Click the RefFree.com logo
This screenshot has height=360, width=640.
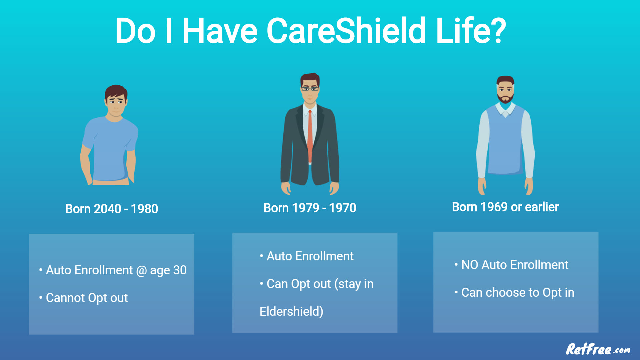tap(598, 349)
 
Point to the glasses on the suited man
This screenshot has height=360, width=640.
tap(310, 89)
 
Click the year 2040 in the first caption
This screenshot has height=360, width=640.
tap(107, 209)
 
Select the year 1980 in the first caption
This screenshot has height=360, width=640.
tap(144, 209)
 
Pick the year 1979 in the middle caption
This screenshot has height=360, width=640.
tap(305, 208)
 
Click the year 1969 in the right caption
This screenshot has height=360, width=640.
tap(494, 207)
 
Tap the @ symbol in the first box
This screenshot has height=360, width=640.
tap(141, 271)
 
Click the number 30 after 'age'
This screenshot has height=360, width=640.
tap(180, 270)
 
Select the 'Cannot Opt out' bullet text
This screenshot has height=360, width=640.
tap(87, 298)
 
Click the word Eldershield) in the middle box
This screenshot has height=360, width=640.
tap(291, 312)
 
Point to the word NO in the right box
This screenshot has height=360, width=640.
tap(470, 265)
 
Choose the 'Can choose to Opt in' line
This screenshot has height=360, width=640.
tap(518, 293)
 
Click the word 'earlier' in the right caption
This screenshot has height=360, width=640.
tap(542, 207)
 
